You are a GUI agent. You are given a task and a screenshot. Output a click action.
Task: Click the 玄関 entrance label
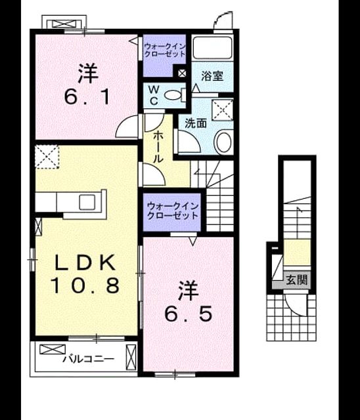[297, 280]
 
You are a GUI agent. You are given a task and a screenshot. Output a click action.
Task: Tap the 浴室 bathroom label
[212, 76]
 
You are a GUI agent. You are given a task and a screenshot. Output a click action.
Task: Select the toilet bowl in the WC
[175, 94]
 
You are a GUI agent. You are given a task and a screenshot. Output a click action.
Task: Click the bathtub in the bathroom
[213, 48]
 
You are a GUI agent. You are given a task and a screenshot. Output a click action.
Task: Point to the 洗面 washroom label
[196, 123]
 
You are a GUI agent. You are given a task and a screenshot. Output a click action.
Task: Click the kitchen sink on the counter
[87, 201]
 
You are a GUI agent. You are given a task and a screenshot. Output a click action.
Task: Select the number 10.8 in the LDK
[85, 285]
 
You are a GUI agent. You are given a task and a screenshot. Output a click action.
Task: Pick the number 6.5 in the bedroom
[189, 314]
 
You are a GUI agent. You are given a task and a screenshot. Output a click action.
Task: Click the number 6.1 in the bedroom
[87, 97]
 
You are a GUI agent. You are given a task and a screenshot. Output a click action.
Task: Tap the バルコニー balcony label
[89, 359]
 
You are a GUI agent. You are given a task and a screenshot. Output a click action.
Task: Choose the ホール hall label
[158, 147]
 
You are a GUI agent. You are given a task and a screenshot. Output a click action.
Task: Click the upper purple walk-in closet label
[164, 51]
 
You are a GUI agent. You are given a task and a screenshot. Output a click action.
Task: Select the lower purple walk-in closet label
[172, 211]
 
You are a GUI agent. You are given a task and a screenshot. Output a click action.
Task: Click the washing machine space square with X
[222, 110]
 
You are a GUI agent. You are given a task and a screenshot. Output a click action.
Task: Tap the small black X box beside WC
[182, 73]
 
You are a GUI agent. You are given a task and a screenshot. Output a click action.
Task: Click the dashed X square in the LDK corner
[47, 157]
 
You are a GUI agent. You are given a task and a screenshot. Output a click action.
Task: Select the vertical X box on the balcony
[131, 358]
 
